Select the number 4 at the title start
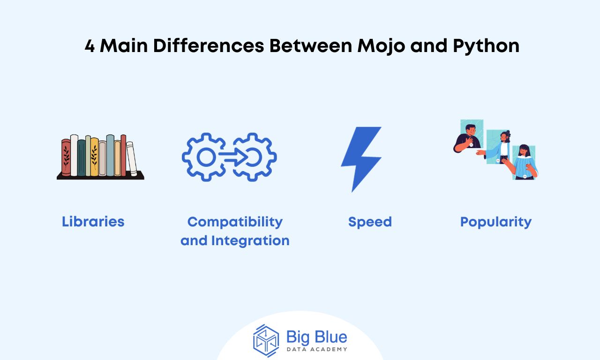pyautogui.click(x=90, y=46)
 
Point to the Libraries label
pyautogui.click(x=93, y=221)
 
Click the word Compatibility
pyautogui.click(x=235, y=221)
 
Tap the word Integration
pyautogui.click(x=250, y=240)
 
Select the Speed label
pyautogui.click(x=370, y=221)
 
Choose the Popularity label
pyautogui.click(x=495, y=221)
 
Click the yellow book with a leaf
pyautogui.click(x=94, y=157)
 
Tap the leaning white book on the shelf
pyautogui.click(x=132, y=159)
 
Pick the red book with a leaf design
pyautogui.click(x=66, y=157)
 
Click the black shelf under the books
pyautogui.click(x=100, y=177)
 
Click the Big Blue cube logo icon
pyautogui.click(x=266, y=340)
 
